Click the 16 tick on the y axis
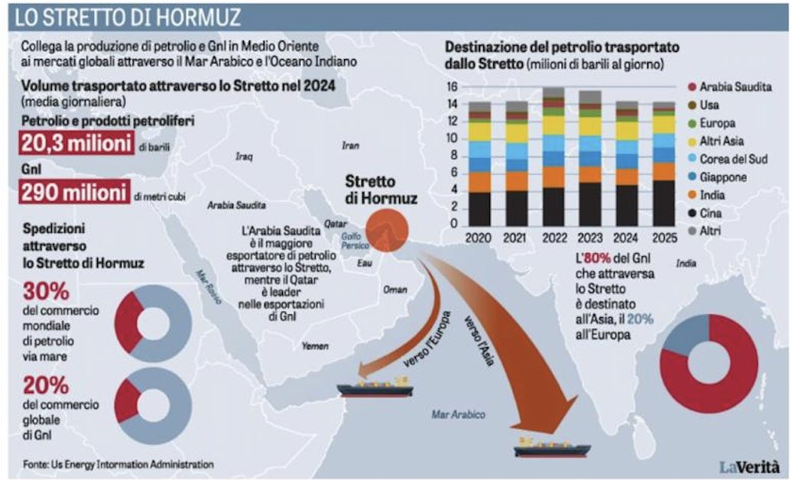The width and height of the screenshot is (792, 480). tap(452, 86)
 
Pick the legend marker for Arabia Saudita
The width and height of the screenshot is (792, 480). tap(693, 87)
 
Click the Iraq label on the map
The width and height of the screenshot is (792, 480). tap(244, 157)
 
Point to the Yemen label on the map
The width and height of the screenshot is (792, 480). tap(315, 346)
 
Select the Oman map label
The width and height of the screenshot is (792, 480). tap(394, 290)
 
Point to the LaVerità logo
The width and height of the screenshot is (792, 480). tap(748, 465)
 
